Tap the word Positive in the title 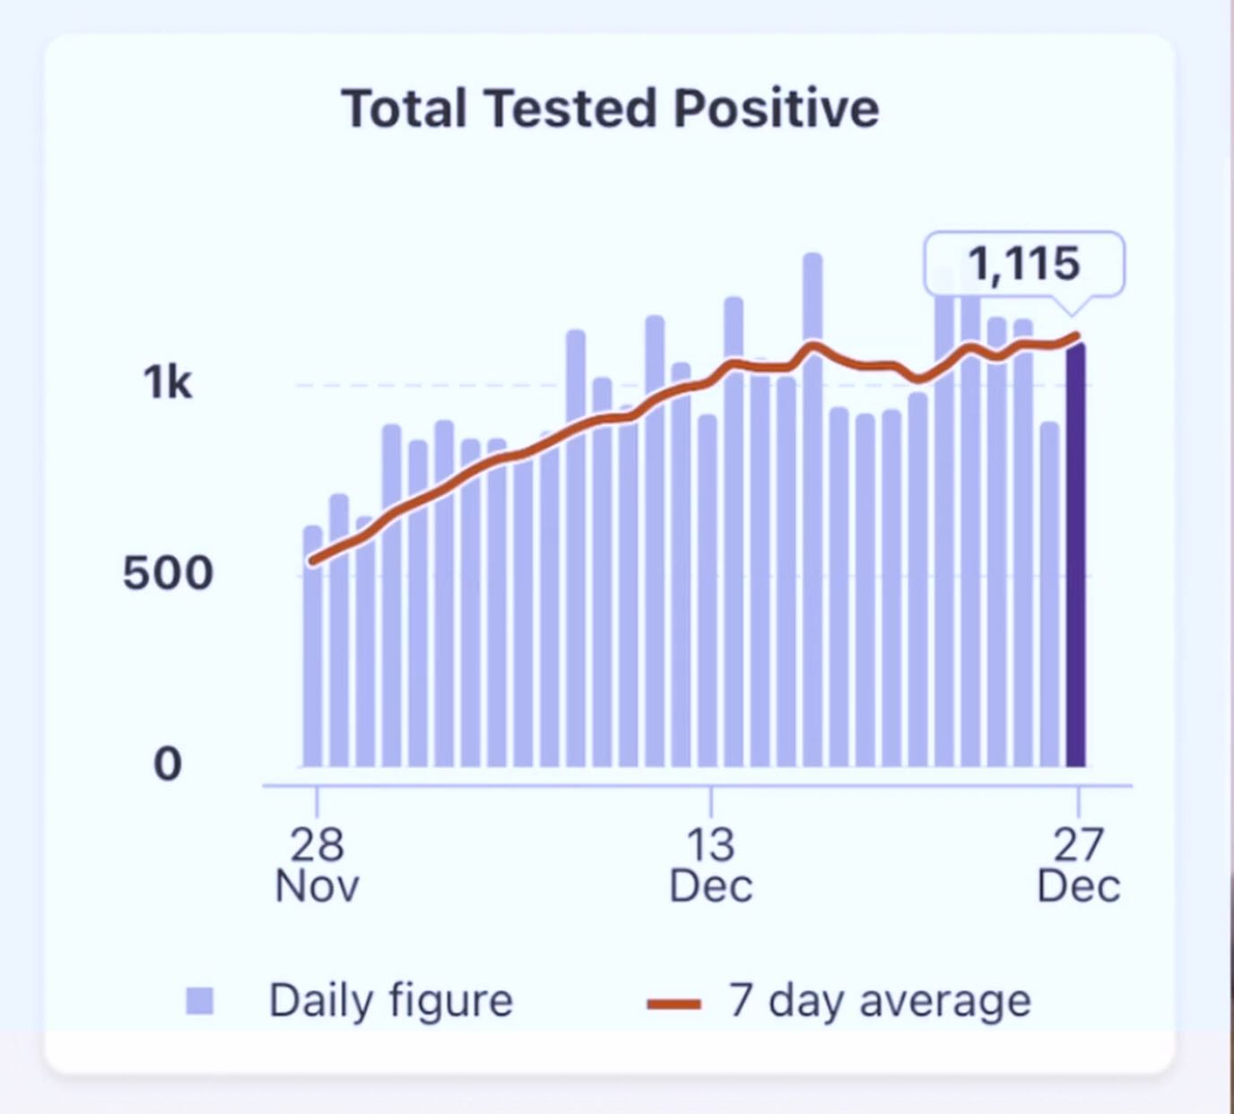[x=776, y=109]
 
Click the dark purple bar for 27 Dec [x=1076, y=556]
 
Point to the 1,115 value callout [x=1024, y=264]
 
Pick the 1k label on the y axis [x=168, y=383]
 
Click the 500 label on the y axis [x=168, y=573]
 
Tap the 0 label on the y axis [x=168, y=764]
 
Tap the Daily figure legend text [x=391, y=1000]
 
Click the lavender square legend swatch [x=200, y=1001]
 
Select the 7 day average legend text [x=880, y=1000]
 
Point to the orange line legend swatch [x=673, y=1004]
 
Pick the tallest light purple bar [x=813, y=511]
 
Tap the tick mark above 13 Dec [x=711, y=801]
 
